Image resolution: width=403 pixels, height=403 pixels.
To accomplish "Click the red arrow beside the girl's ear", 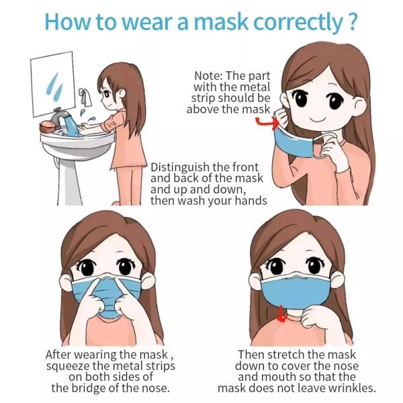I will [x=266, y=122].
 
